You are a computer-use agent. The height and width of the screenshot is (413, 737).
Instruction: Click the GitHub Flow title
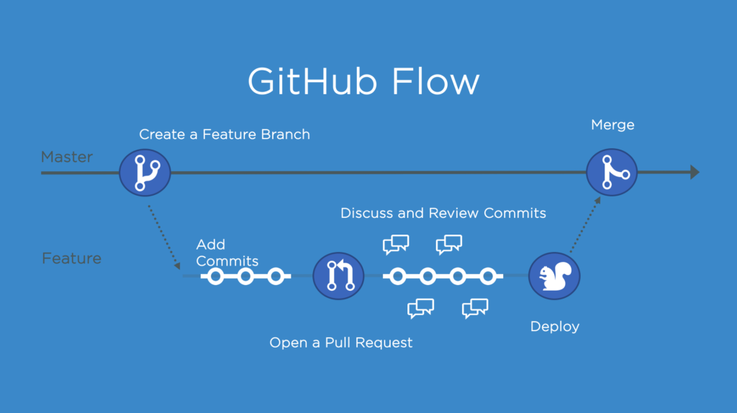(x=363, y=81)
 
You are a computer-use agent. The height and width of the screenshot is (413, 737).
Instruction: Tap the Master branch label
(x=66, y=157)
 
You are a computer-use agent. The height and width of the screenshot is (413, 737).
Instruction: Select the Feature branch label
(x=71, y=258)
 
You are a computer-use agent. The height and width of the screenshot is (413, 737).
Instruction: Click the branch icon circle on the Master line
(x=145, y=173)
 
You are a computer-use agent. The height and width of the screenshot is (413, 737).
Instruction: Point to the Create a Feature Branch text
(x=224, y=134)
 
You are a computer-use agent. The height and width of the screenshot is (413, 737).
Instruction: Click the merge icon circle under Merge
(x=612, y=173)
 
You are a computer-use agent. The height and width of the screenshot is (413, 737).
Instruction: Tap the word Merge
(x=612, y=125)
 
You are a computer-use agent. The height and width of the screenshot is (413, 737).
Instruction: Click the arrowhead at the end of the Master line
(x=694, y=172)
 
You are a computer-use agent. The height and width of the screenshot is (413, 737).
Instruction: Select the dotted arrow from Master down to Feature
(x=163, y=238)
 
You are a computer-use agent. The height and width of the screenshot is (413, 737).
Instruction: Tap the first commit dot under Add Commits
(x=214, y=276)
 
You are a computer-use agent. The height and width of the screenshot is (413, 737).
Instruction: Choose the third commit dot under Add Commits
(x=275, y=276)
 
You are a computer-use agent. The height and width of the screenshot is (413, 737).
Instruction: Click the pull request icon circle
(x=338, y=276)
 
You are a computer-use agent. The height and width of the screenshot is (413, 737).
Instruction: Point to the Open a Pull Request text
(x=341, y=343)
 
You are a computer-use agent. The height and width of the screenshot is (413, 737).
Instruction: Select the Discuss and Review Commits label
(x=443, y=213)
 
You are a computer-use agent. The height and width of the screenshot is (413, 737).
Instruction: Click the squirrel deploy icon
(x=554, y=276)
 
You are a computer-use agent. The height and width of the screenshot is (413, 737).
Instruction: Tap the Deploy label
(x=554, y=327)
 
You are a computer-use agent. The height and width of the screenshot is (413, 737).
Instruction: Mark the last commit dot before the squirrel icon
(x=488, y=276)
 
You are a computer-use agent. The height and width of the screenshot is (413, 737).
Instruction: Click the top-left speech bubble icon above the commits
(x=396, y=245)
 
